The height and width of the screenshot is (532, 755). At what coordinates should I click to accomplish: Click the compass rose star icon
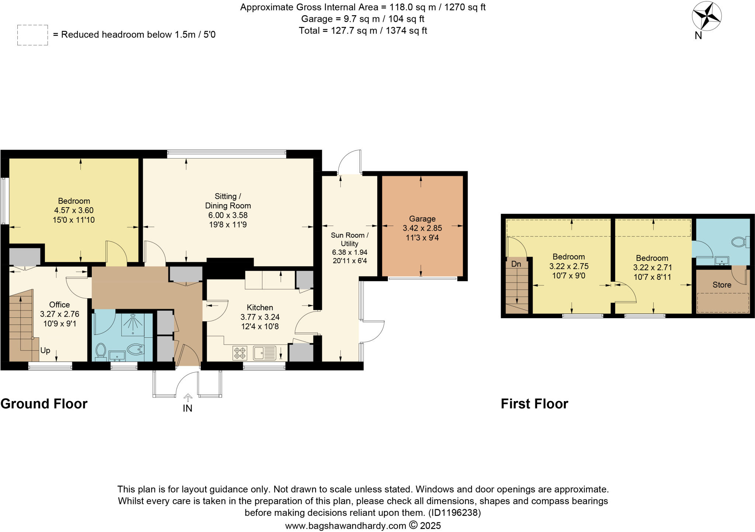click(707, 17)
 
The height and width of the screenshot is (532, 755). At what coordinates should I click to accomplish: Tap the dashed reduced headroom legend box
click(32, 35)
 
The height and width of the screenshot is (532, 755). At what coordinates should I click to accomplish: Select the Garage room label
click(422, 219)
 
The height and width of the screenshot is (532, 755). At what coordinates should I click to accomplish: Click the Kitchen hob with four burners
click(240, 352)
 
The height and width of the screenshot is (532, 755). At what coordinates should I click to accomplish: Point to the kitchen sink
click(264, 352)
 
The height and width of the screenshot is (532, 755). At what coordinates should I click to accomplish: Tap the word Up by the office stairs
click(45, 350)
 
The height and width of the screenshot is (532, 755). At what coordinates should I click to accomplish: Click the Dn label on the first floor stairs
click(516, 264)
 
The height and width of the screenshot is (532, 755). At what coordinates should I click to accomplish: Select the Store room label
click(721, 285)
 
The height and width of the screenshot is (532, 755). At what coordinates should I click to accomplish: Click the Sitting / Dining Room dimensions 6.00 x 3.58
click(228, 215)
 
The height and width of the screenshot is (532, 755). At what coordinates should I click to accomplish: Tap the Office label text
click(59, 305)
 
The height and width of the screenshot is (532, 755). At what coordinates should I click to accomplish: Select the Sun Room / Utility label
click(349, 239)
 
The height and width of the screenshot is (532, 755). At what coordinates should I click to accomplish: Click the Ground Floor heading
click(44, 404)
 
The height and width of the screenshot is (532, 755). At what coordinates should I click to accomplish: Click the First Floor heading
click(534, 404)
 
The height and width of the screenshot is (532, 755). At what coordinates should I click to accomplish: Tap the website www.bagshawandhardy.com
click(345, 525)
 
